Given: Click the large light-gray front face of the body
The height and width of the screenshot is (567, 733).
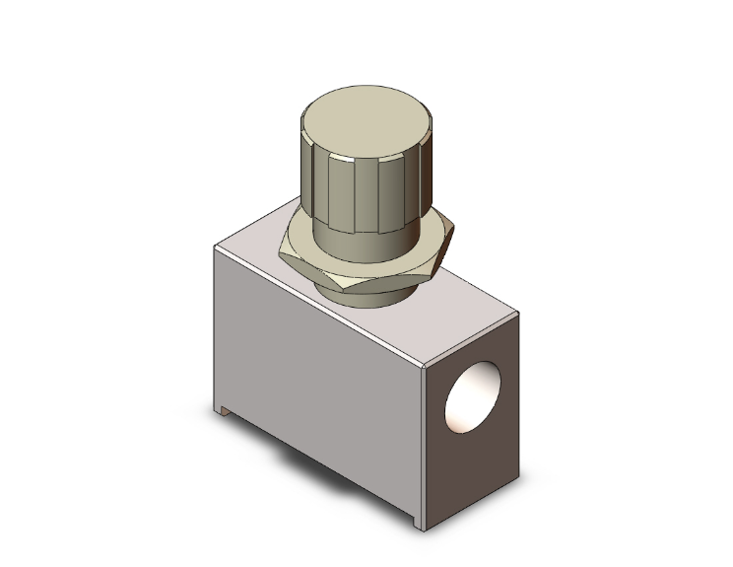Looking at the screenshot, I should click(x=315, y=375).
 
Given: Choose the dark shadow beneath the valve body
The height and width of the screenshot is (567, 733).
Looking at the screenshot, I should click(x=325, y=463).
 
